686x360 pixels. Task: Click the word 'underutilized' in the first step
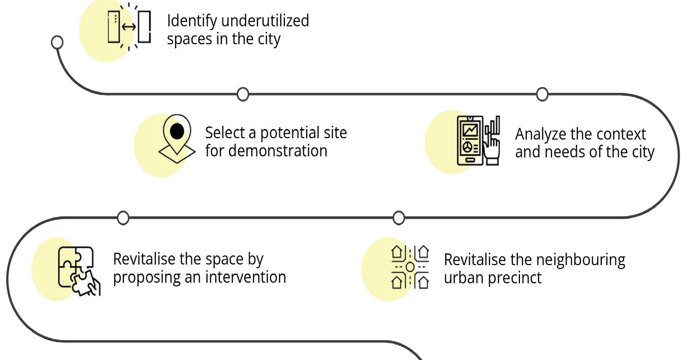(264, 21)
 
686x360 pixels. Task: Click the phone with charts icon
(478, 140)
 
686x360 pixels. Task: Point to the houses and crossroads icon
(410, 267)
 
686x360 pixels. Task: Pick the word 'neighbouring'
(577, 259)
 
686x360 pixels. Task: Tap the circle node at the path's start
(58, 42)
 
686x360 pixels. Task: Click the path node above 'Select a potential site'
(243, 94)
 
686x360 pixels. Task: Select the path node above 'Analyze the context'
(542, 94)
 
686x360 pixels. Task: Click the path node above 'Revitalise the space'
(123, 218)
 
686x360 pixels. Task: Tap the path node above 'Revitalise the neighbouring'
(399, 218)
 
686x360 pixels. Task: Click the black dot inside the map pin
(177, 131)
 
